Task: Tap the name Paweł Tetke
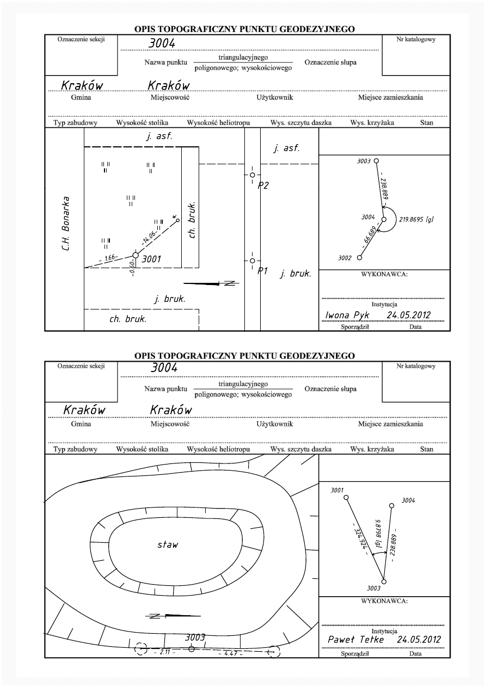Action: coord(356,640)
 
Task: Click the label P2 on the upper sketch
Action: coord(263,185)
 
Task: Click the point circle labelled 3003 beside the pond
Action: coord(191,648)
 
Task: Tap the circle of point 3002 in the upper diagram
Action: coord(360,257)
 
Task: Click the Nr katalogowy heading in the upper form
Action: coord(416,39)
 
